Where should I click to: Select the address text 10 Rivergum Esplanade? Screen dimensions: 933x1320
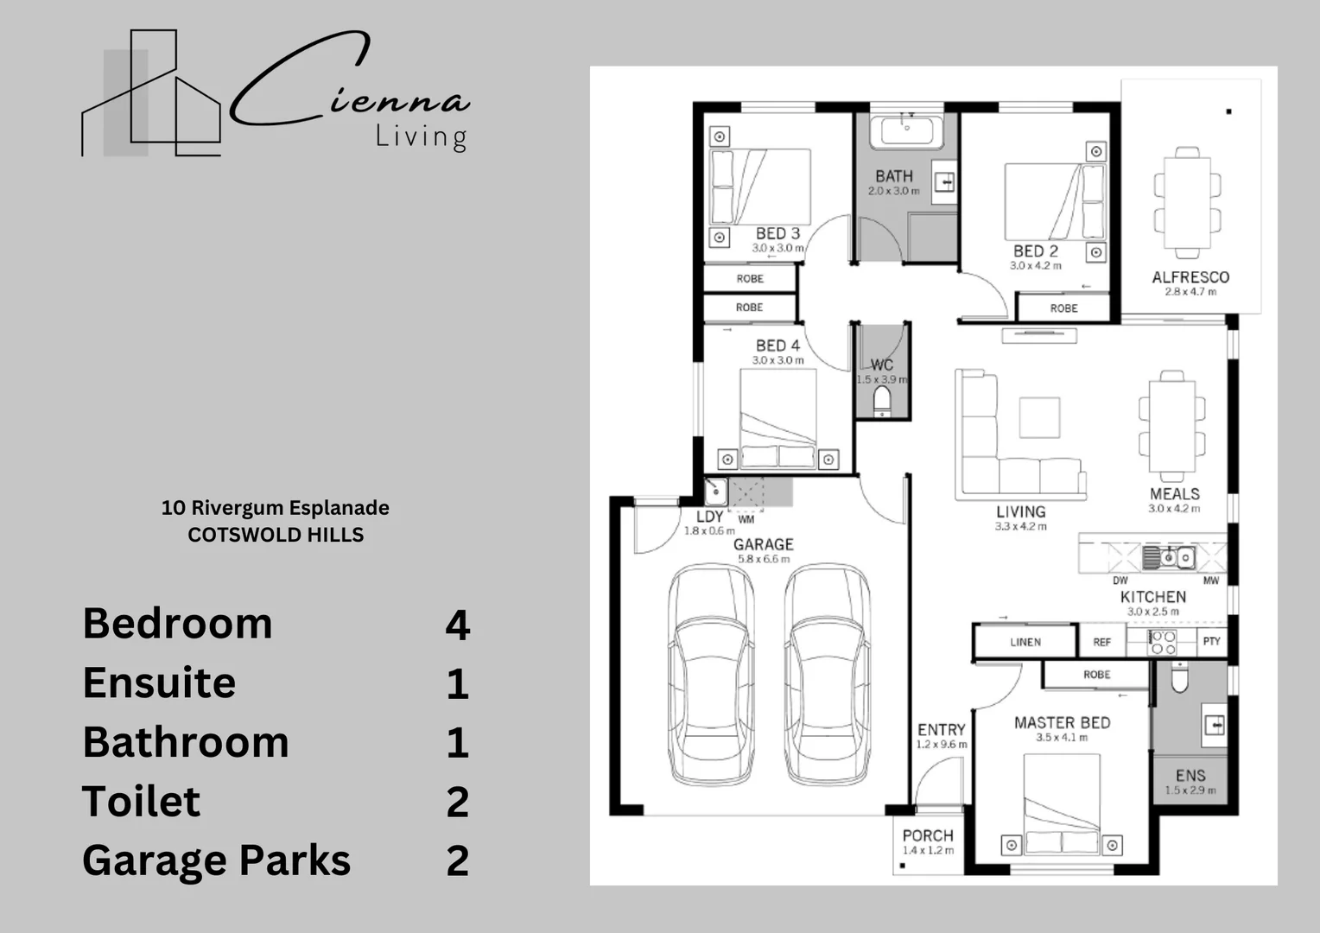[275, 508]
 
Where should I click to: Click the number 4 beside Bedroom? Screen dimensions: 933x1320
[457, 625]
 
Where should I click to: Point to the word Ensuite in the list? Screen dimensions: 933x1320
[159, 682]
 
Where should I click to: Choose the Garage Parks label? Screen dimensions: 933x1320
[216, 860]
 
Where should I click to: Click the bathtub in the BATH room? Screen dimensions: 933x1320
[906, 131]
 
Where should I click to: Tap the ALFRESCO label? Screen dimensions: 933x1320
[1190, 277]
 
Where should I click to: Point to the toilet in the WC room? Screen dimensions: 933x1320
[881, 402]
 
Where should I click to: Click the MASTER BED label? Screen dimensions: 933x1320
[1062, 722]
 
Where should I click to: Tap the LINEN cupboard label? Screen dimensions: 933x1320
[1025, 642]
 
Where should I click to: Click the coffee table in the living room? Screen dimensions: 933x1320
[1039, 417]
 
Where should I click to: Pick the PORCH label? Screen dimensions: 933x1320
[928, 835]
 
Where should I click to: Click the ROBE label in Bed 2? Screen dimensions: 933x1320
[1063, 308]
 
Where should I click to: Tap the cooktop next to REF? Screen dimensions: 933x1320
[1162, 642]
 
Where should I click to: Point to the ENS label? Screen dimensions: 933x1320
[1190, 775]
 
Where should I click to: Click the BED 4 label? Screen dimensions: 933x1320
[777, 346]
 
